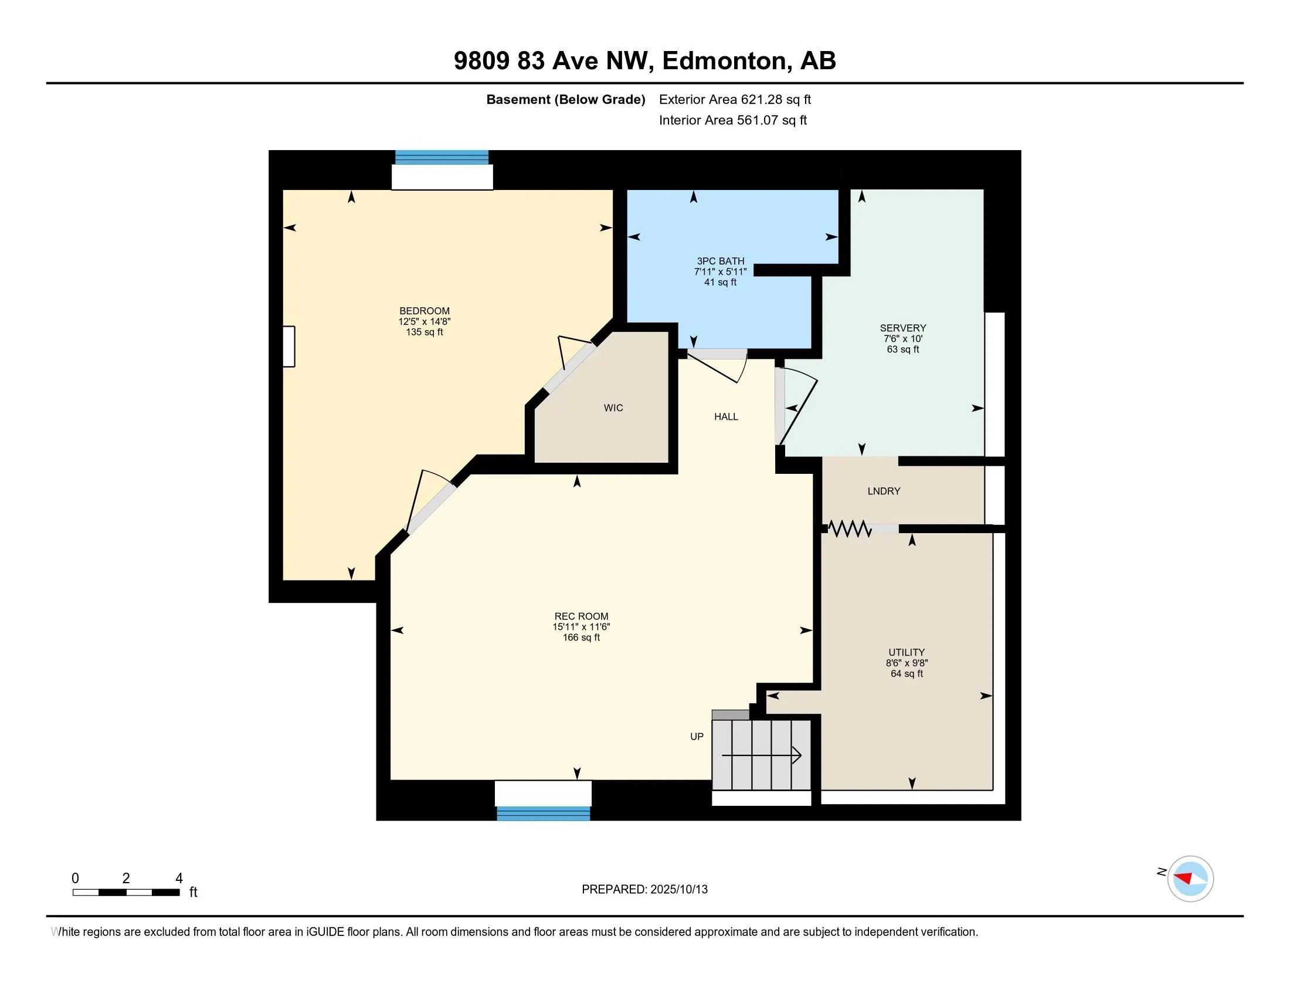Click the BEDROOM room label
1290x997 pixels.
pos(424,311)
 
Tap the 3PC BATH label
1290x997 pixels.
pos(720,261)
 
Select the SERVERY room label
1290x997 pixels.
pos(902,328)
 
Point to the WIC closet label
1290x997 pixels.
pos(613,408)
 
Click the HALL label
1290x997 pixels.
pos(726,416)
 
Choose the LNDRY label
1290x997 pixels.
pos(884,491)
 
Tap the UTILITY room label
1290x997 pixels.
pos(906,652)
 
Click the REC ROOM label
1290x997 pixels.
pos(581,616)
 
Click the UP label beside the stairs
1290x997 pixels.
pos(697,737)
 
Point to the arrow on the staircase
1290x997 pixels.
pos(761,755)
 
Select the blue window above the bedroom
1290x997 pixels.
pos(442,158)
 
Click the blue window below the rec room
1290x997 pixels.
pos(544,813)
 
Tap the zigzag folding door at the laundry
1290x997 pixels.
pos(850,528)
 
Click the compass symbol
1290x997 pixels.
pos(1190,879)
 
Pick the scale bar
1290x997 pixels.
pos(127,892)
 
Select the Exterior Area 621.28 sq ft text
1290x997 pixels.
pos(735,99)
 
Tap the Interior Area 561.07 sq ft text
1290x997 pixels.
pos(733,120)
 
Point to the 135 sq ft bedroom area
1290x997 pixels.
pos(424,332)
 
